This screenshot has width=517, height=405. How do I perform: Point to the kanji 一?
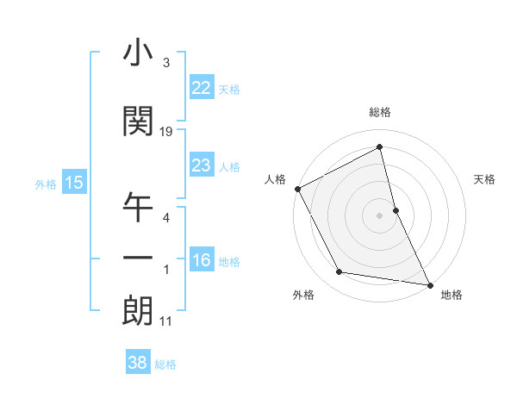click(x=138, y=259)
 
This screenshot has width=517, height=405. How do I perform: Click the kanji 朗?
click(x=138, y=311)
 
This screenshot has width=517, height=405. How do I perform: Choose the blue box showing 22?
click(x=201, y=88)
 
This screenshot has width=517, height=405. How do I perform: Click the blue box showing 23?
click(x=201, y=165)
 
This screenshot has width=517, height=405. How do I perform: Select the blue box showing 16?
click(x=201, y=260)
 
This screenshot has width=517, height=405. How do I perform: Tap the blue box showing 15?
click(x=73, y=183)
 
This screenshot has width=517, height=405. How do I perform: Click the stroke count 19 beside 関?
click(x=166, y=132)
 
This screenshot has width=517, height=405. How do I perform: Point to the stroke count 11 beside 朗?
click(x=166, y=322)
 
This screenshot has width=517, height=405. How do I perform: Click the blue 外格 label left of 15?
click(x=46, y=184)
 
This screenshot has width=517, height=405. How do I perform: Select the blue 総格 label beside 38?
click(x=165, y=364)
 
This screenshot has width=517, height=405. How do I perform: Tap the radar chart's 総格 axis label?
click(x=380, y=112)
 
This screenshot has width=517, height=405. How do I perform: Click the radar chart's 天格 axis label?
click(x=485, y=179)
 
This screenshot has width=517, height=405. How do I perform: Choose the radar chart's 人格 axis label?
click(x=275, y=179)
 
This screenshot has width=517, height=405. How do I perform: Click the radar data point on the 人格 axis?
click(x=297, y=189)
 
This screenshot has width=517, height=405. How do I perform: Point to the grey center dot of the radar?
click(x=380, y=215)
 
